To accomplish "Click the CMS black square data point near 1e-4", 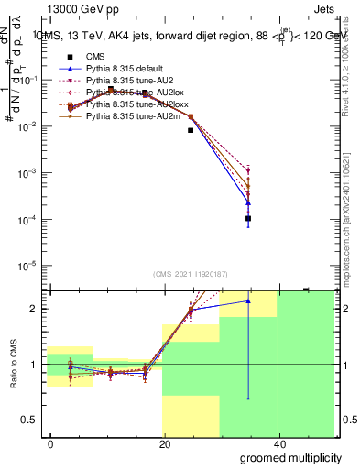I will pos(248,218).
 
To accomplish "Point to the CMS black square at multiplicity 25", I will pos(191,130).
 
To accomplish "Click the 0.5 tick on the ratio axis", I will pos(33,420).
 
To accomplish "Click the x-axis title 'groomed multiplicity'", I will pos(290,457).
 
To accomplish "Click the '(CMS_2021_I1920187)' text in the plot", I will pos(191,273).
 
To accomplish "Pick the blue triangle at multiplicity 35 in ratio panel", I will pos(248,300).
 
